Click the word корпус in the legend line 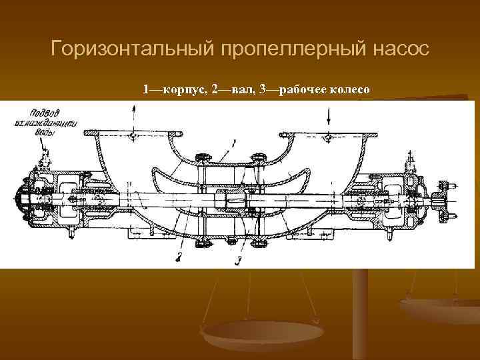[x=179, y=89]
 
